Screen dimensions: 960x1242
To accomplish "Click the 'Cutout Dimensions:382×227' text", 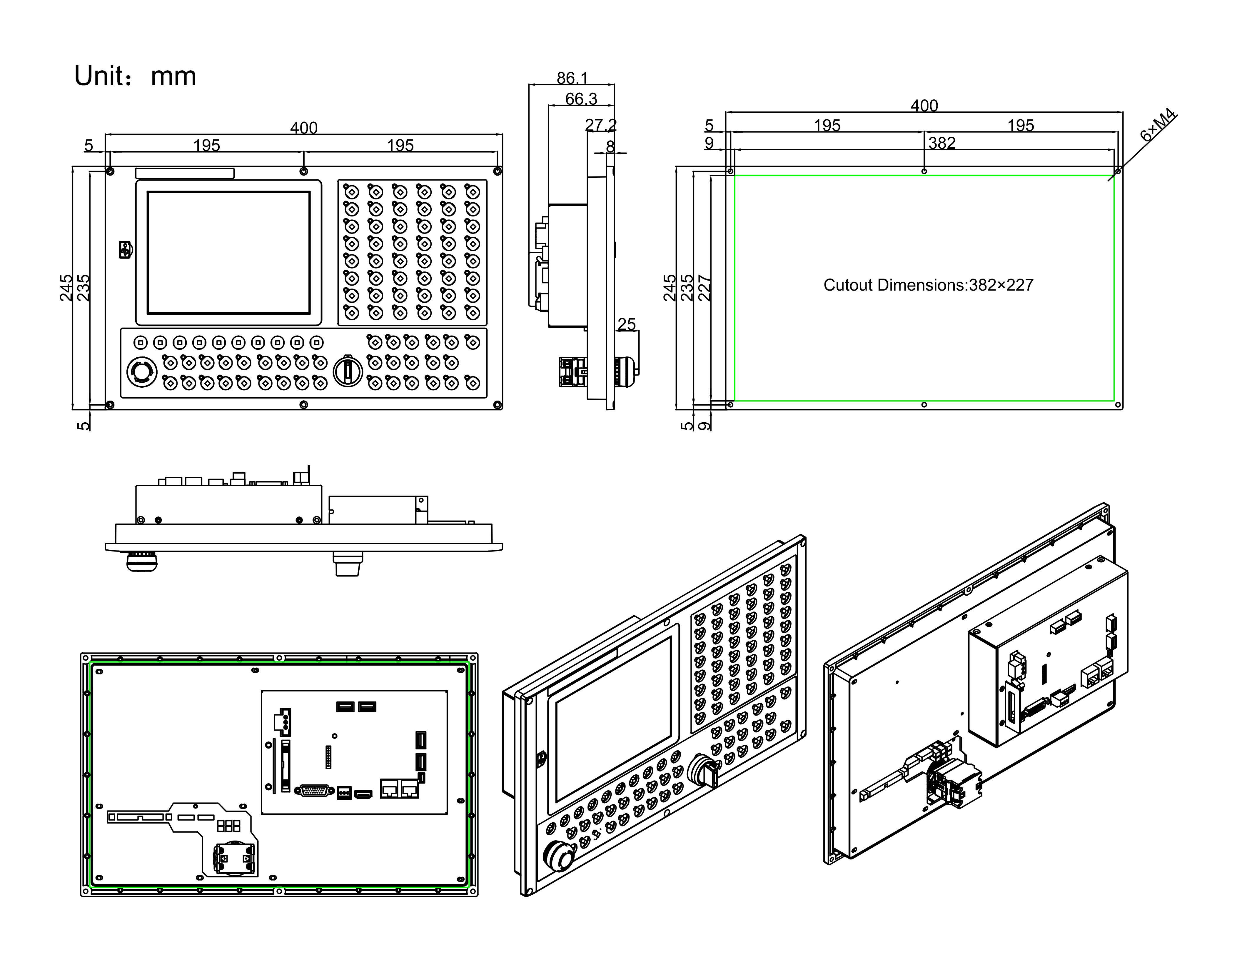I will click(x=928, y=285).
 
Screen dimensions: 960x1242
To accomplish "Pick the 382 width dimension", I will click(x=942, y=143).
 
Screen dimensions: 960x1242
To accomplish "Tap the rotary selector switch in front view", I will click(x=347, y=371).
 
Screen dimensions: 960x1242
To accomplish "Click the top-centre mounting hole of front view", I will click(x=304, y=171).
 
